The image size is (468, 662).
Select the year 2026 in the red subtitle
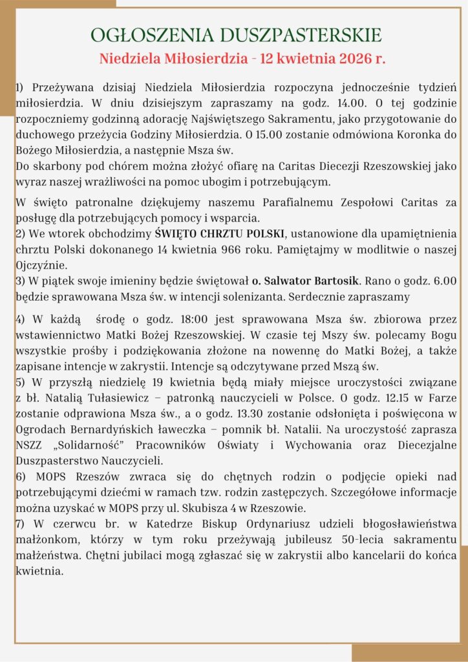pyautogui.click(x=346, y=59)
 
